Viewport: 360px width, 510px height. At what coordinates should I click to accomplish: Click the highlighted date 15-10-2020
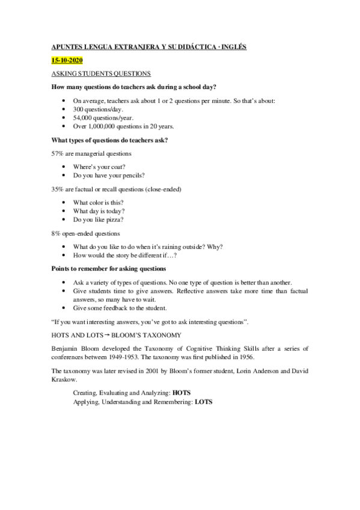(66, 61)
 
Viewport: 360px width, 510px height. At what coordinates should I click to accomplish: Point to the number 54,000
(83, 118)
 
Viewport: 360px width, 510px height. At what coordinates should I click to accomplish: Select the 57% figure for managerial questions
(58, 154)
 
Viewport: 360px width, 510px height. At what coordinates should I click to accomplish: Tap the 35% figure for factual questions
(58, 189)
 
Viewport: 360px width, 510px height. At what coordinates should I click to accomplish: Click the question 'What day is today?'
(99, 211)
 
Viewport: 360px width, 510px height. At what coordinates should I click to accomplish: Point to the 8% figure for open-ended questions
(56, 233)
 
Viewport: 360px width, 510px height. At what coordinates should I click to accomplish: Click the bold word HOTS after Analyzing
(181, 392)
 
